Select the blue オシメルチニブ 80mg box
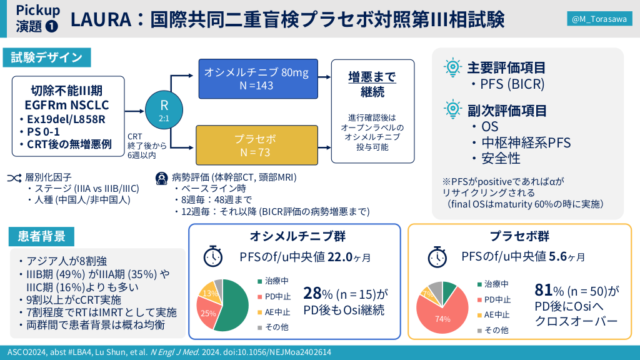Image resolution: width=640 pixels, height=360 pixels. point(256,79)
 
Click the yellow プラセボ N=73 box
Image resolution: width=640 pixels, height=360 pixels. point(256,144)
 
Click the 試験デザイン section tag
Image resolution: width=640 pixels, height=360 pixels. point(46,57)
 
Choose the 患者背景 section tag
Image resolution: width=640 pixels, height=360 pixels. point(41,237)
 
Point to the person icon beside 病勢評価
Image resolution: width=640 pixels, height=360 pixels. point(161,177)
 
